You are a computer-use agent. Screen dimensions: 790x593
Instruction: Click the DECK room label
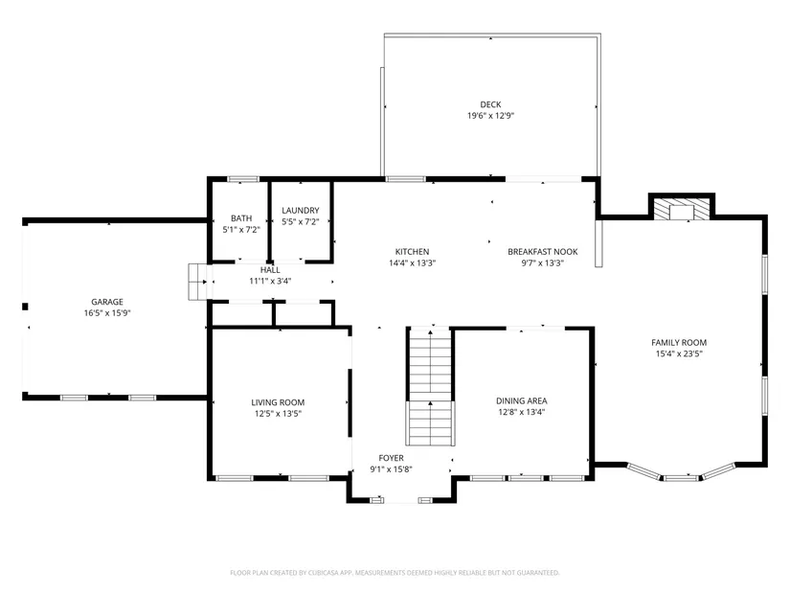pos(490,104)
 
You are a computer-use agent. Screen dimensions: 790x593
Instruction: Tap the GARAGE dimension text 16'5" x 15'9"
pos(107,313)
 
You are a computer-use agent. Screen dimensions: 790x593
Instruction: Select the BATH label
pos(241,218)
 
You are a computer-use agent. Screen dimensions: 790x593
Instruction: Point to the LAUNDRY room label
pos(301,210)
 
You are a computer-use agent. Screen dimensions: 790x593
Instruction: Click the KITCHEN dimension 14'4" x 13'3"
pos(412,262)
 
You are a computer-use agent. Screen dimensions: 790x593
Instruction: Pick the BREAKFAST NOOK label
pos(543,252)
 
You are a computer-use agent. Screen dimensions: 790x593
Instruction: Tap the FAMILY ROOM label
pos(679,342)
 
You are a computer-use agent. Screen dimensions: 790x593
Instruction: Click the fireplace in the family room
pos(682,209)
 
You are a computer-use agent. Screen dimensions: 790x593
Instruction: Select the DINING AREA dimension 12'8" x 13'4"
pos(522,412)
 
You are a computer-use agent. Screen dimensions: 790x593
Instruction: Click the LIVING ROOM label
pos(278,402)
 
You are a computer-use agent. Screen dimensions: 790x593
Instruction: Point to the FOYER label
pos(391,458)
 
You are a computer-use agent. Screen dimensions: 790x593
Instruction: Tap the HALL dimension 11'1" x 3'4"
pos(270,281)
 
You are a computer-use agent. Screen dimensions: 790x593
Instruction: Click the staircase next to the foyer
pos(430,387)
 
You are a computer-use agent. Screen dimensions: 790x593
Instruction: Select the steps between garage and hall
pos(197,282)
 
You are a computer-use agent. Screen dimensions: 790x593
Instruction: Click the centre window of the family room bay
pos(681,477)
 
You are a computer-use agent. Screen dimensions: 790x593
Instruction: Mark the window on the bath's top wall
pos(243,179)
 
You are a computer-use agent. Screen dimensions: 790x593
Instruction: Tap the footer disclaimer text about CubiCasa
pos(395,573)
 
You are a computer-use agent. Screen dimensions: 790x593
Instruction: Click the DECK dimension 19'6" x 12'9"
pos(490,116)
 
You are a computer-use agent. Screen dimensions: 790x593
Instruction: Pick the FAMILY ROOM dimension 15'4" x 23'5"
pos(679,354)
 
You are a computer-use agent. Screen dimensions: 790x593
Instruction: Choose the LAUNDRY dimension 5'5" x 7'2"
pos(301,221)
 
